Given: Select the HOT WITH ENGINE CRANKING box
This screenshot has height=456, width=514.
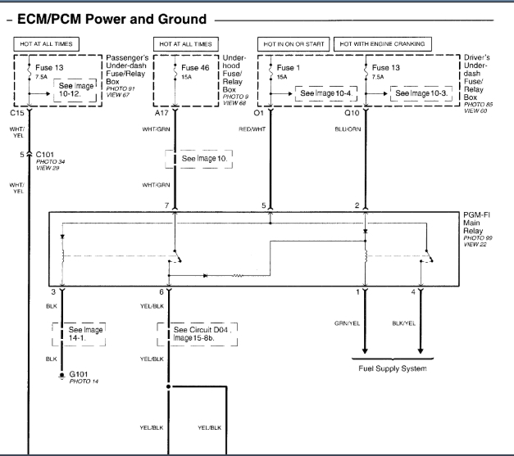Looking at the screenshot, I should pyautogui.click(x=384, y=43).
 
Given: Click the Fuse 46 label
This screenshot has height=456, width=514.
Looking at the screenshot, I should pyautogui.click(x=195, y=67).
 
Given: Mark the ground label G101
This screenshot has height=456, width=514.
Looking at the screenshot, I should pyautogui.click(x=79, y=373).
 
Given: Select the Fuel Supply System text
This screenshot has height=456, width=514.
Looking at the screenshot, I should pyautogui.click(x=393, y=368).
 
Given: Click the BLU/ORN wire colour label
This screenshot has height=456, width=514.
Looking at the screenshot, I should pyautogui.click(x=344, y=129).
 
